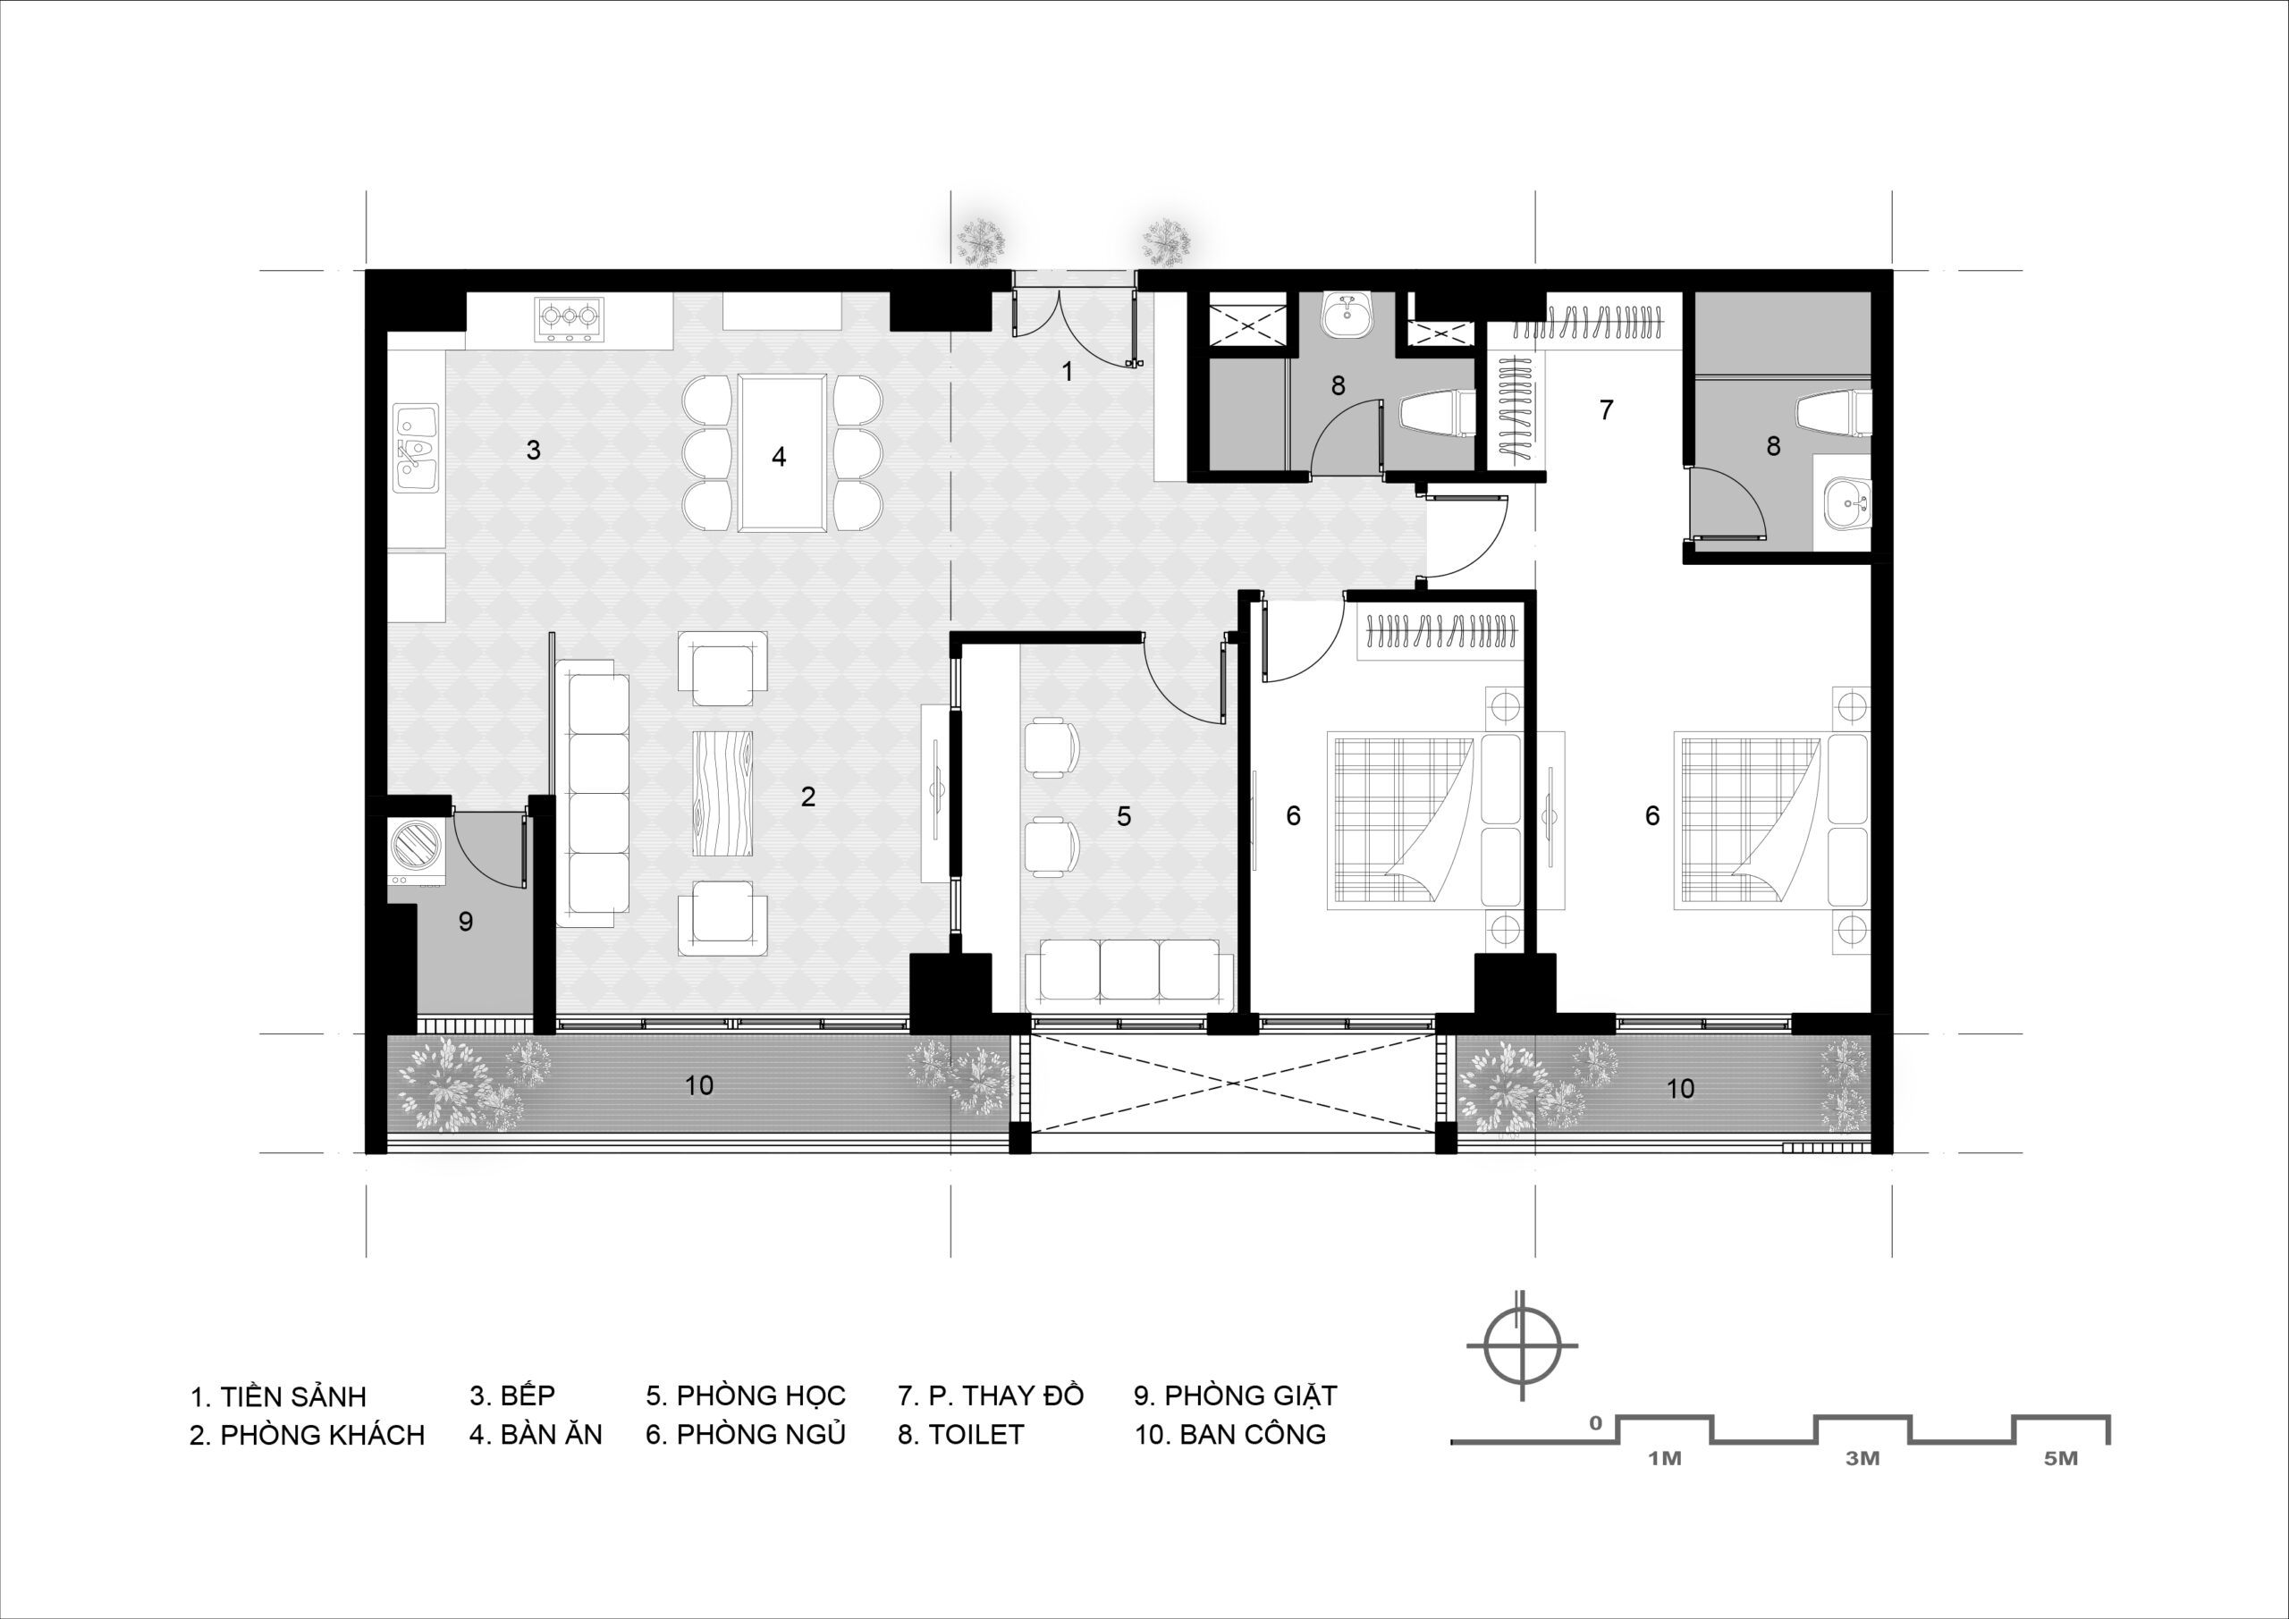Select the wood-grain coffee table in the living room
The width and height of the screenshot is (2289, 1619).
[x=722, y=791]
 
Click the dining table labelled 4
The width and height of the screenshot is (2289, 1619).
[x=781, y=452]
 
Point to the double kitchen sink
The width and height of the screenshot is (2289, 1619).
[x=417, y=447]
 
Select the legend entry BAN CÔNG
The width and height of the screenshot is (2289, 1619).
[x=1230, y=1435]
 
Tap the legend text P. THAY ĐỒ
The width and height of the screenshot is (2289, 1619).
[x=990, y=1395]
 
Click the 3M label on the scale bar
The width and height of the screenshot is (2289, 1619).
[x=1862, y=1458]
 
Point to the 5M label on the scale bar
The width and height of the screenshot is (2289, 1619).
[x=2061, y=1458]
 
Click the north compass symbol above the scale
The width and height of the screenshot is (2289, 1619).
[x=1521, y=1345]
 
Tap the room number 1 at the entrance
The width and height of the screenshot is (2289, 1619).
[x=1068, y=372]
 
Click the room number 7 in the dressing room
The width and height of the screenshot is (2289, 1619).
[x=1606, y=409]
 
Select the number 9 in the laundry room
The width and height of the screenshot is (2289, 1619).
[x=466, y=921]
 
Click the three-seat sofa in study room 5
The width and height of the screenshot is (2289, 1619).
[x=1128, y=969]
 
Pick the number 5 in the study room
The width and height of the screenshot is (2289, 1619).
[x=1124, y=816]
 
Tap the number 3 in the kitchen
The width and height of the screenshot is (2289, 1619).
[x=534, y=450]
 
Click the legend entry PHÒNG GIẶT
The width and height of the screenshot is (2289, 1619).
[x=1235, y=1396]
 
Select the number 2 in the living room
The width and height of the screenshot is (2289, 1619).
[x=807, y=796]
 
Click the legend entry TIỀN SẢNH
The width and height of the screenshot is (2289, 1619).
[x=278, y=1396]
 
